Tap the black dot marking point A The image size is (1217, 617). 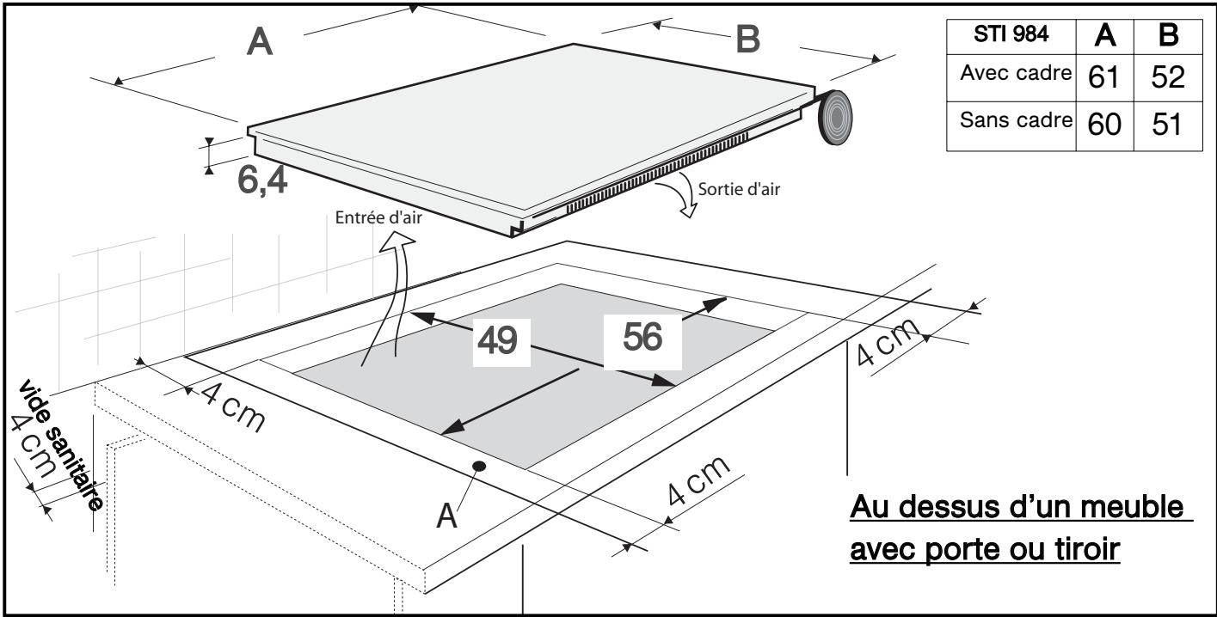478,466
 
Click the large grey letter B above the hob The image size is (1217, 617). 748,40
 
